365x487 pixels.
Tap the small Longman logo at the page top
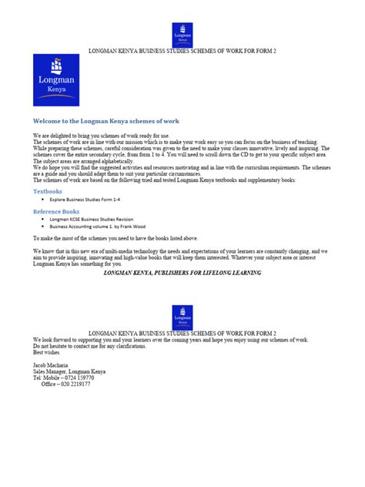tap(182, 35)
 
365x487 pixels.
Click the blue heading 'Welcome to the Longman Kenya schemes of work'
tap(106, 122)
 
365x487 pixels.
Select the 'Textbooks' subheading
tap(48, 190)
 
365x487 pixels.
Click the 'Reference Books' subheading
tap(55, 210)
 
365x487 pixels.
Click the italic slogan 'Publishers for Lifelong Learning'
tap(182, 273)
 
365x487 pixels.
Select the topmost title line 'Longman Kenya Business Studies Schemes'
tap(182, 49)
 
